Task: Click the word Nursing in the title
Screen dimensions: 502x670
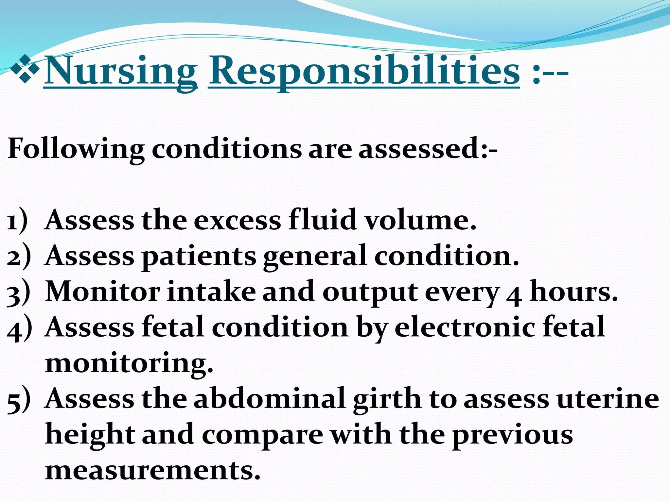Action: point(120,71)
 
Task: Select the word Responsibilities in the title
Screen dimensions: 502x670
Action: point(364,71)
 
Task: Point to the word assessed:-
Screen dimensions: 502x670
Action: point(428,149)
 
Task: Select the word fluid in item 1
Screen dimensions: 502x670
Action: point(323,220)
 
